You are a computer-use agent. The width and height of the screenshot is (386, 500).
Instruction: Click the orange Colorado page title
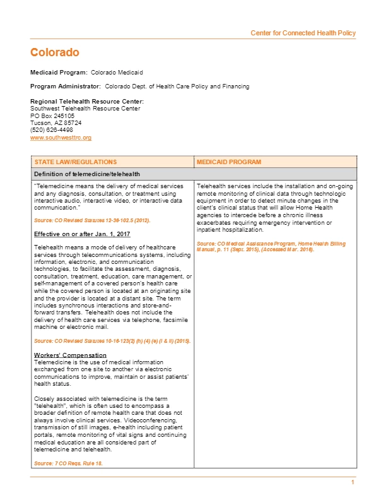pyautogui.click(x=55, y=52)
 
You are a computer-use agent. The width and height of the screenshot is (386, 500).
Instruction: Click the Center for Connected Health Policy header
pyautogui.click(x=303, y=33)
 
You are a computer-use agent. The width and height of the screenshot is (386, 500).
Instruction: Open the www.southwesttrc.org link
pyautogui.click(x=61, y=137)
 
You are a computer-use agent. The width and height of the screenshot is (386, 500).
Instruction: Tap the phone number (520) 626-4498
pyautogui.click(x=52, y=130)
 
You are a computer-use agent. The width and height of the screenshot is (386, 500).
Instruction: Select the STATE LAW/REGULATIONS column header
pyautogui.click(x=75, y=162)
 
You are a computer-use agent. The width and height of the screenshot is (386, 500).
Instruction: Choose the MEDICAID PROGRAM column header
pyautogui.click(x=228, y=162)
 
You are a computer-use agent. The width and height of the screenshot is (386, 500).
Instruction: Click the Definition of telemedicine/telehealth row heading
pyautogui.click(x=86, y=174)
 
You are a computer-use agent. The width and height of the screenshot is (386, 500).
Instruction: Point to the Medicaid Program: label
pyautogui.click(x=59, y=73)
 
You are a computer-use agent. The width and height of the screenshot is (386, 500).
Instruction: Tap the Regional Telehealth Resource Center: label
pyautogui.click(x=86, y=102)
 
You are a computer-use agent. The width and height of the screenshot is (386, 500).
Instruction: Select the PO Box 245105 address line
pyautogui.click(x=52, y=116)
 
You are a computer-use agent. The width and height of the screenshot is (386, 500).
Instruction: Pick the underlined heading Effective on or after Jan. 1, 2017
pyautogui.click(x=78, y=234)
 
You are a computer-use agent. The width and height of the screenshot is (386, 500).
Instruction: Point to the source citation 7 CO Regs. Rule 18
pyautogui.click(x=68, y=463)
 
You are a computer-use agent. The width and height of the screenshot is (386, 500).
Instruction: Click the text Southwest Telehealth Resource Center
pyautogui.click(x=85, y=109)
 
